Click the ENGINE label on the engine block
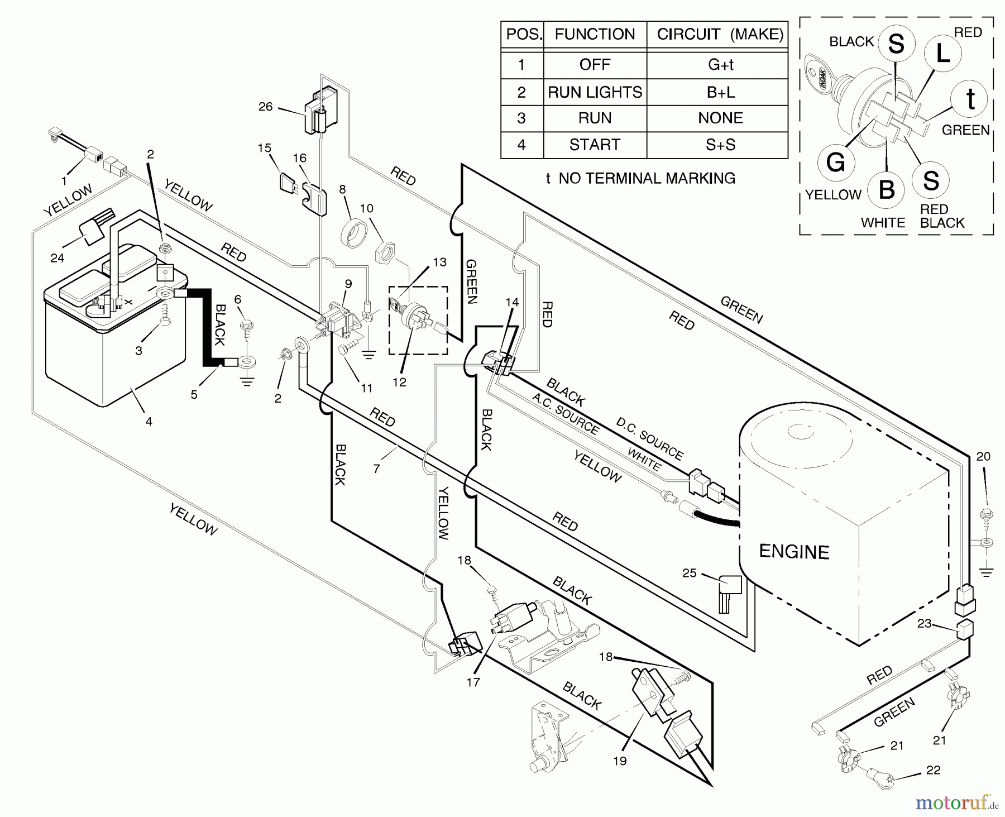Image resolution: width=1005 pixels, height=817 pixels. click(x=794, y=552)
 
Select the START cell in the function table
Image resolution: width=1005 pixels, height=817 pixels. click(x=595, y=145)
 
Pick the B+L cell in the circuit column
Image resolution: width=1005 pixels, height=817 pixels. click(x=720, y=92)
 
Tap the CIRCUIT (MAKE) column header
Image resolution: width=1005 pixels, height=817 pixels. click(x=720, y=34)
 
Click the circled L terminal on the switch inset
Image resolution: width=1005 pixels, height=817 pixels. click(x=942, y=53)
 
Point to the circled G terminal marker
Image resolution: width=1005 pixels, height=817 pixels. click(x=835, y=163)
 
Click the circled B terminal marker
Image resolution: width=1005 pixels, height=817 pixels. click(x=887, y=189)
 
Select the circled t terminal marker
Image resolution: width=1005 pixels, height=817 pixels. click(x=970, y=99)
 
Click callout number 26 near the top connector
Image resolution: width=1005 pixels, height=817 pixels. click(x=265, y=106)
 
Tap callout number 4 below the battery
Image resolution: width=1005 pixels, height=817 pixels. click(x=149, y=422)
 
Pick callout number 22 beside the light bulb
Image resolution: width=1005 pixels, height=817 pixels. click(x=933, y=770)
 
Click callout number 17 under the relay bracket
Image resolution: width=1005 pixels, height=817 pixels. click(x=473, y=682)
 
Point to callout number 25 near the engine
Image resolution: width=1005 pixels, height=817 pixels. click(x=689, y=573)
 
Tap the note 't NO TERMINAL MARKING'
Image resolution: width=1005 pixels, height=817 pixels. click(x=640, y=178)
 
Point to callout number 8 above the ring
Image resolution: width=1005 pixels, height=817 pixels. click(x=342, y=189)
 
